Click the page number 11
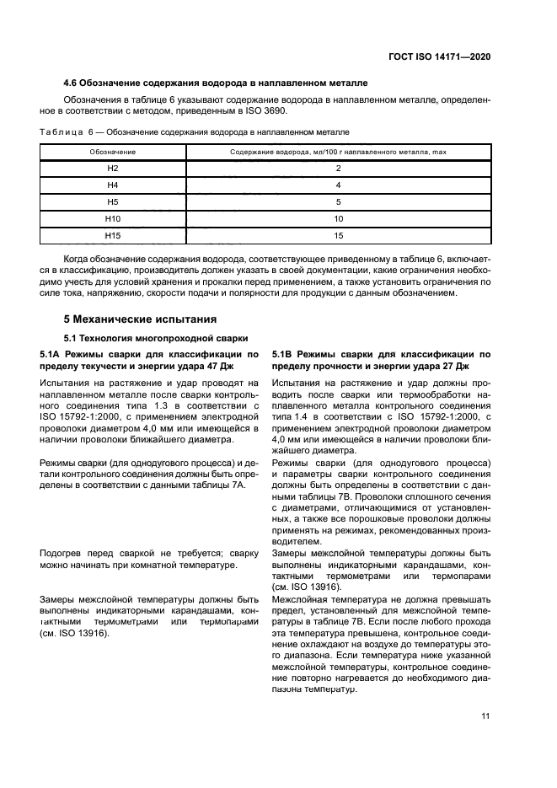click(485, 716)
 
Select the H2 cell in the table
click(113, 169)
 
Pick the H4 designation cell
click(113, 185)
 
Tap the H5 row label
click(113, 202)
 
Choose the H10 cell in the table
click(113, 218)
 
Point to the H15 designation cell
click(113, 235)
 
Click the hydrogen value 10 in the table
click(338, 218)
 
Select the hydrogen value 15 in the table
click(338, 235)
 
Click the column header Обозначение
click(113, 152)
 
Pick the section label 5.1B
click(286, 355)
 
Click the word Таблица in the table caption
click(61, 132)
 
